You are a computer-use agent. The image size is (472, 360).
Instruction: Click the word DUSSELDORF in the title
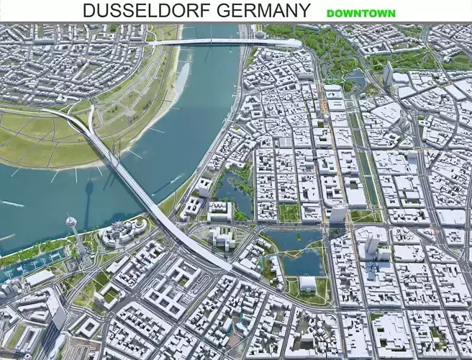pos(137,11)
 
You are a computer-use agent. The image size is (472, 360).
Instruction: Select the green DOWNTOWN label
pos(360,13)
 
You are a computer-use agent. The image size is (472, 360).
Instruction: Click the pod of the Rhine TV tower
pos(71,221)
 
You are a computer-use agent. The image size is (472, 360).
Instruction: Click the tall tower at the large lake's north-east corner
pos(337,213)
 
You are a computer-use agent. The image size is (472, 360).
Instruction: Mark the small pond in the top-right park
pos(354,77)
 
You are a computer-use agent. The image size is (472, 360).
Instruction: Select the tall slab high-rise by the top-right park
pos(388,73)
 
